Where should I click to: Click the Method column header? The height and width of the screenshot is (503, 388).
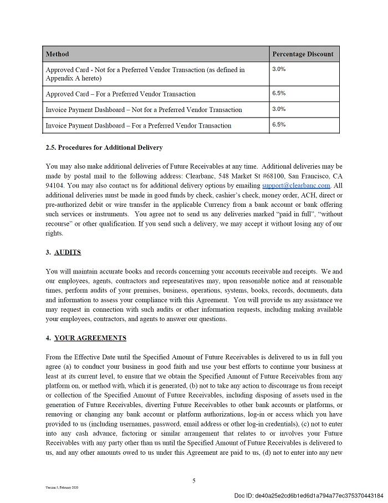(x=58, y=54)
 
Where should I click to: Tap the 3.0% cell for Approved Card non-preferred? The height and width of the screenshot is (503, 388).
(x=279, y=69)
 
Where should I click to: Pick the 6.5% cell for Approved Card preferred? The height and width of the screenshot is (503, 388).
(x=279, y=93)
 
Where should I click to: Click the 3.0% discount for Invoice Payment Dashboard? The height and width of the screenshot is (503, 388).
(x=279, y=109)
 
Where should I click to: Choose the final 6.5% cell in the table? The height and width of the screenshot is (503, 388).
(x=279, y=124)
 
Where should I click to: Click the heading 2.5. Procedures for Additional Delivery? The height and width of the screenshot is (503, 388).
(x=104, y=148)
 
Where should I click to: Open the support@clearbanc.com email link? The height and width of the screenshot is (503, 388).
(x=296, y=186)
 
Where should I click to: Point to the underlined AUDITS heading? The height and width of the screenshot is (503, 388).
(x=68, y=252)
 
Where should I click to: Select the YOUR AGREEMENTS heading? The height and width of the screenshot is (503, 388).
(x=90, y=338)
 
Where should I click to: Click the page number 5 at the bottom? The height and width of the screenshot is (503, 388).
(x=194, y=481)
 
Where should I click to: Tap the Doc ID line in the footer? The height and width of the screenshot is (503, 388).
(x=308, y=495)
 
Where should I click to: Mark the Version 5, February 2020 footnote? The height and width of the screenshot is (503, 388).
(x=62, y=487)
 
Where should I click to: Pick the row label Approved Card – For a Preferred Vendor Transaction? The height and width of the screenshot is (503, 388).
(x=120, y=94)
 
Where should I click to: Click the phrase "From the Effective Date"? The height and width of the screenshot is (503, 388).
(x=83, y=357)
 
